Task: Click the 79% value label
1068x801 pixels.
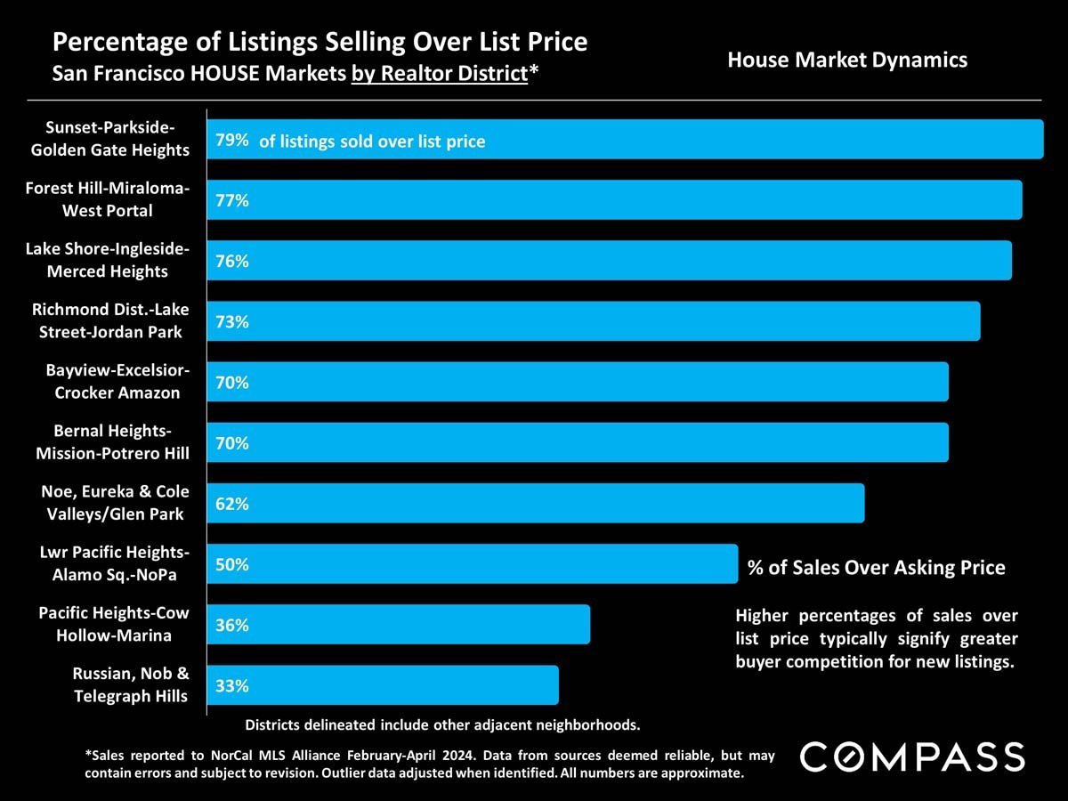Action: [x=231, y=141]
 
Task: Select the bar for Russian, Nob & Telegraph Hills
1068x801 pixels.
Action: [x=383, y=685]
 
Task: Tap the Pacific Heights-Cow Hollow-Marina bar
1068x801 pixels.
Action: [x=399, y=625]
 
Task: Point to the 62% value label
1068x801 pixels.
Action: [x=231, y=504]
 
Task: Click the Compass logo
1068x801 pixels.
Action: [x=912, y=756]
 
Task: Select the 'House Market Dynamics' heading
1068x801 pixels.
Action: [x=846, y=61]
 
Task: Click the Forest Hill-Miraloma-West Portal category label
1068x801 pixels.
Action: [x=107, y=200]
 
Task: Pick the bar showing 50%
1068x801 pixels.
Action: [x=472, y=564]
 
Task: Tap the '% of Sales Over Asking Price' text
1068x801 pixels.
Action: [x=876, y=568]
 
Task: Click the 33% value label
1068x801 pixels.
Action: [x=231, y=686]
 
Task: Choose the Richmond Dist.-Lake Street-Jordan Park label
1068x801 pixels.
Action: [x=107, y=321]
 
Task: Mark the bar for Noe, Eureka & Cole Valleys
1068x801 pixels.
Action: [x=535, y=504]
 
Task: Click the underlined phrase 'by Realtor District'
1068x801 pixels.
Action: [x=440, y=74]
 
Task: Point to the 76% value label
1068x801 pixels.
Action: [x=231, y=262]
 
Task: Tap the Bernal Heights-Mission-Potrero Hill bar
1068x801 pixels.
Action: [x=578, y=443]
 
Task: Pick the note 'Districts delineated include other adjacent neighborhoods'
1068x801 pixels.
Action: [x=442, y=724]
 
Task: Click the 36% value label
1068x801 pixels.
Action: [x=231, y=625]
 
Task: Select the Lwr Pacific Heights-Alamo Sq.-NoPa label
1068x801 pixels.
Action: [x=114, y=564]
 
